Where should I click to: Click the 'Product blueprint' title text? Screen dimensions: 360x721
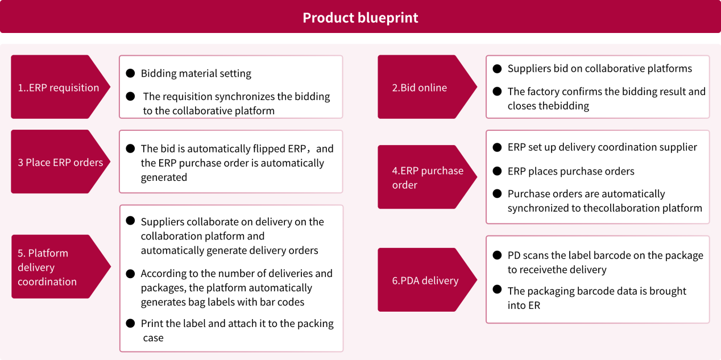point(360,18)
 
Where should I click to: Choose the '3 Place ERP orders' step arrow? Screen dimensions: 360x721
point(60,162)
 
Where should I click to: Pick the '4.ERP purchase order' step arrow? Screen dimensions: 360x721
point(426,177)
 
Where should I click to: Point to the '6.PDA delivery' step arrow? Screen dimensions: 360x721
point(425,280)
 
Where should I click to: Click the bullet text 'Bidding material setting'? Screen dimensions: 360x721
point(196,73)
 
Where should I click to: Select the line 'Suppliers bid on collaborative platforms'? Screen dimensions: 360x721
point(599,68)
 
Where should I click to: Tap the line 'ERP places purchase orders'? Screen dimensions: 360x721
point(571,171)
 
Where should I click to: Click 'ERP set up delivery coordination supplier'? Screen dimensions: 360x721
point(602,147)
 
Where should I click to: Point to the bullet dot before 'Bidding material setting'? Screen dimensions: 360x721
point(130,73)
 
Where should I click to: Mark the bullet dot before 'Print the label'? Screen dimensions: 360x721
point(130,323)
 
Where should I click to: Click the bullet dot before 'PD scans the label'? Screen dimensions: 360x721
point(497,255)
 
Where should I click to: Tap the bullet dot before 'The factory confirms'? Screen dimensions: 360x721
point(497,91)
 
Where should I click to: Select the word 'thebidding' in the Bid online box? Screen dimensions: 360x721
point(563,106)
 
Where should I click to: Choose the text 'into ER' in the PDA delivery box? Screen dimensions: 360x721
point(524,305)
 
